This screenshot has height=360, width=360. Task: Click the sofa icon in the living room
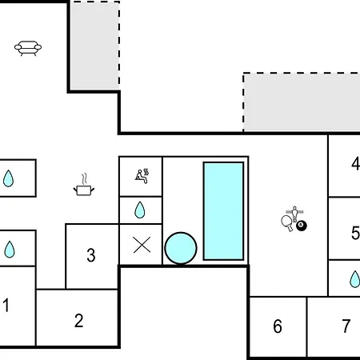28,48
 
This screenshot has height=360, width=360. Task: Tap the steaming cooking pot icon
84,185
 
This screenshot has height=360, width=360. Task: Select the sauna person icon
142,176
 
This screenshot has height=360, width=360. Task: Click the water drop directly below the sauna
140,210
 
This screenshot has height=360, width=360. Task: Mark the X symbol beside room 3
142,245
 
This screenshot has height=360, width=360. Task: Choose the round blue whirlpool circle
181,248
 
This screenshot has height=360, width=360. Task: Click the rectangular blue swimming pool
223,210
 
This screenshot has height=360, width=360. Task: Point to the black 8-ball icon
302,226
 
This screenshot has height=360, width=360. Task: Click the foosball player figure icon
294,214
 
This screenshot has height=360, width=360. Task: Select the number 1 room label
6,305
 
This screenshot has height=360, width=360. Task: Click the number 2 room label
78,320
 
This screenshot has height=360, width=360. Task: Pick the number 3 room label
91,255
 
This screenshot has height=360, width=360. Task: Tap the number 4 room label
356,163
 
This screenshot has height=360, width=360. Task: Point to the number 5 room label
355,233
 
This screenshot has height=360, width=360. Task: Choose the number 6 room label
278,326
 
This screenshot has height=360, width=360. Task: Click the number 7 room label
346,326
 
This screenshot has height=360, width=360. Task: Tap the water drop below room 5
354,279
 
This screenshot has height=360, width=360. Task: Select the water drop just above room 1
10,250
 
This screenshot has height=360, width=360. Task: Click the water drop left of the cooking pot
8,178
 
